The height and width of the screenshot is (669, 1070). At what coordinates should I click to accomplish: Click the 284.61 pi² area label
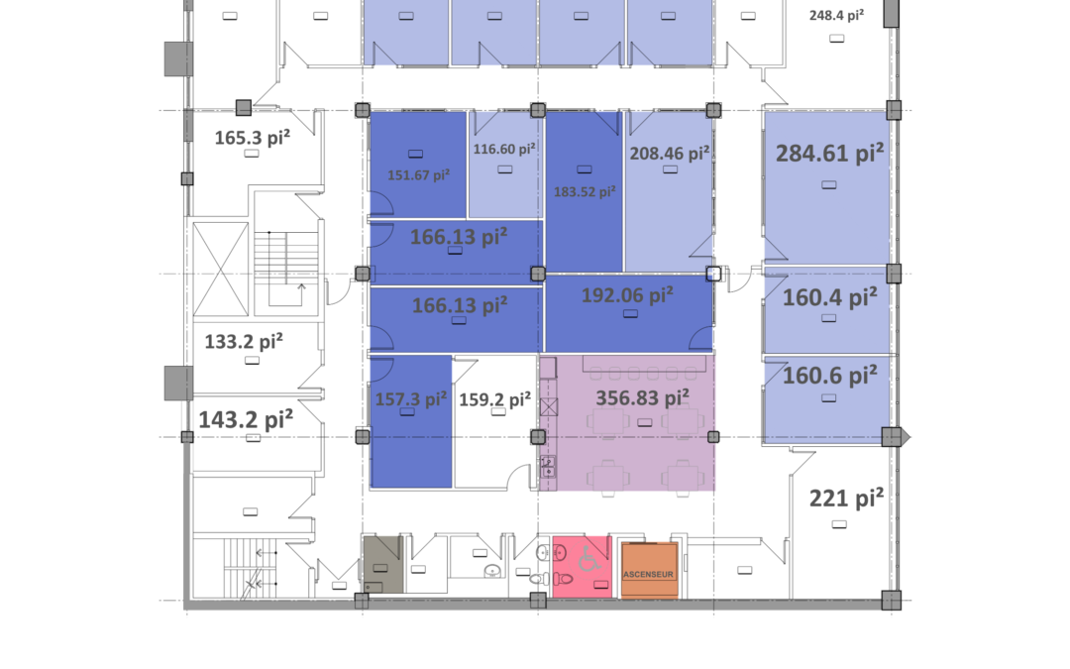(829, 153)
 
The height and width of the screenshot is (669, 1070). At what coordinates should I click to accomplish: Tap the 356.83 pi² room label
(642, 397)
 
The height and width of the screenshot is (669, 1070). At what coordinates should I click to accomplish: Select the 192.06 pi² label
(627, 295)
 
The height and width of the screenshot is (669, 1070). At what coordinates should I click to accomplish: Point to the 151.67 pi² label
(418, 174)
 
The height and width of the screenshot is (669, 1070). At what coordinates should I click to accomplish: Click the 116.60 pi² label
(504, 148)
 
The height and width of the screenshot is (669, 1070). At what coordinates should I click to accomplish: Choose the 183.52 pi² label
(585, 191)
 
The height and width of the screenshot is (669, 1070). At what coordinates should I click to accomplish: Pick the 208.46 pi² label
(670, 153)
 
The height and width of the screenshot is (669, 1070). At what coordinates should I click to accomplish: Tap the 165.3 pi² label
(253, 137)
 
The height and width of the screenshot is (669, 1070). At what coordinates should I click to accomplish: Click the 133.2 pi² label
(244, 341)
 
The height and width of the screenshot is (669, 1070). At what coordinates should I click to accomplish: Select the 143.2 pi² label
(246, 419)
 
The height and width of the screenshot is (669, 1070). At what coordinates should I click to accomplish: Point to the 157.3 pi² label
(411, 398)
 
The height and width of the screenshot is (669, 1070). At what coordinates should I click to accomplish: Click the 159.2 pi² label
(494, 398)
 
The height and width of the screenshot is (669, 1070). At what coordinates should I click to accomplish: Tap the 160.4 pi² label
(830, 297)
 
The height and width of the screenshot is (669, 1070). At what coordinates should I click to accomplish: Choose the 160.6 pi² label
(830, 375)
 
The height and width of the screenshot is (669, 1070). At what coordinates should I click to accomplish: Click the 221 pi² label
(846, 499)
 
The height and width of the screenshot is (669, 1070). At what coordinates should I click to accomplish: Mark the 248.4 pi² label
(836, 15)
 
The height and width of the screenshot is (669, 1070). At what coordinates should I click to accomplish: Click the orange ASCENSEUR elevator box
(649, 569)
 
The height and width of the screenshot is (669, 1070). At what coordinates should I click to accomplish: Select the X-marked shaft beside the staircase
(220, 269)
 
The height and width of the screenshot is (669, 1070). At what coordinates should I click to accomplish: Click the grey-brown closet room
(382, 564)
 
